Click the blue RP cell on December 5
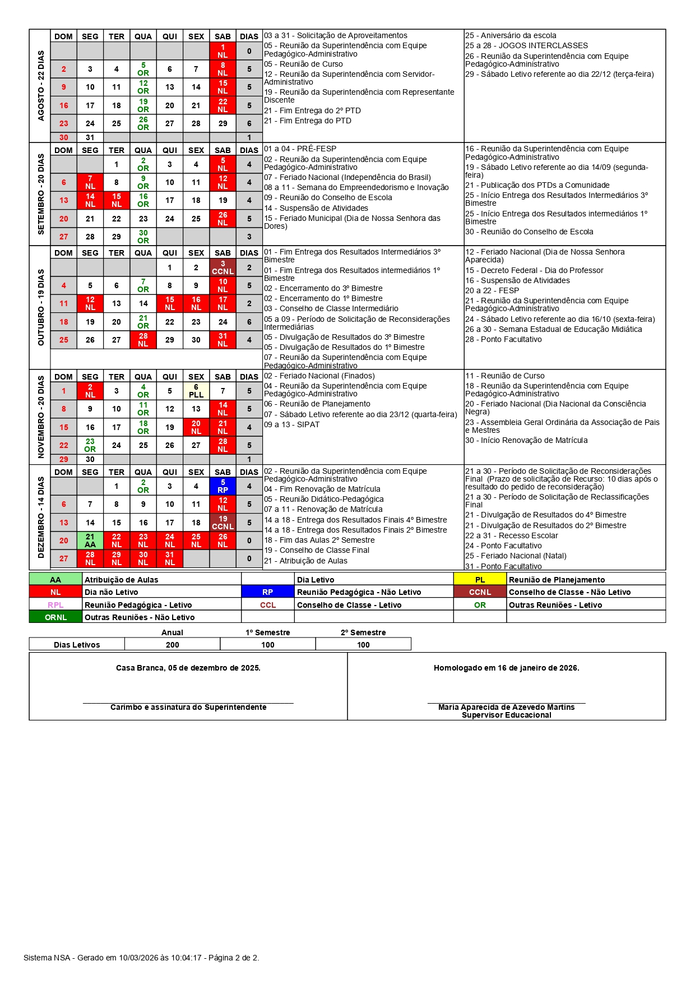point(223,486)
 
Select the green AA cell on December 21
point(90,540)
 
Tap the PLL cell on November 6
point(196,391)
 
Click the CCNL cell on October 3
point(223,267)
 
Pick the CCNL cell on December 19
point(223,523)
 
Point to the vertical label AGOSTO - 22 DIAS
point(40,86)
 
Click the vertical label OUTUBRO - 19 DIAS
point(40,307)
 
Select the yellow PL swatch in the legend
point(480,580)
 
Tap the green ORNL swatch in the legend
point(55,617)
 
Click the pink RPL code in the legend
point(55,605)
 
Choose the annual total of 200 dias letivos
point(172,645)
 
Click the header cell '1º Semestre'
point(267,632)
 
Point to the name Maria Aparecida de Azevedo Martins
point(506,707)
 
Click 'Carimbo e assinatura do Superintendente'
point(188,707)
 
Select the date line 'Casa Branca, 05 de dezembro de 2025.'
point(188,668)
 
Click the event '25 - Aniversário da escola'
point(511,35)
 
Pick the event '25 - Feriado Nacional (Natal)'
point(516,556)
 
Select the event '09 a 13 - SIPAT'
point(291,424)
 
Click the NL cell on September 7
point(90,182)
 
